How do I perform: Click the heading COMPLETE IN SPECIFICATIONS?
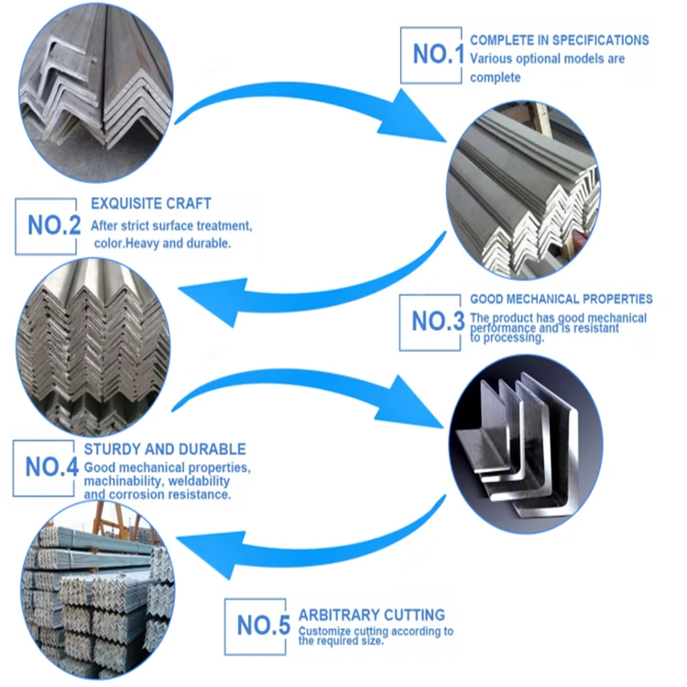pos(559,40)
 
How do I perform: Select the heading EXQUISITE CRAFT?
pos(150,203)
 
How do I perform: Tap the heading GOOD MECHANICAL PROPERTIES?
pos(561,299)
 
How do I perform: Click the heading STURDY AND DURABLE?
pos(165,449)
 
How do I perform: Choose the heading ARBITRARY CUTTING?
pos(372,615)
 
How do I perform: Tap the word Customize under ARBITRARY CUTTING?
pos(325,630)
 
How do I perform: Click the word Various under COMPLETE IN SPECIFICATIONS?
pos(491,59)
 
